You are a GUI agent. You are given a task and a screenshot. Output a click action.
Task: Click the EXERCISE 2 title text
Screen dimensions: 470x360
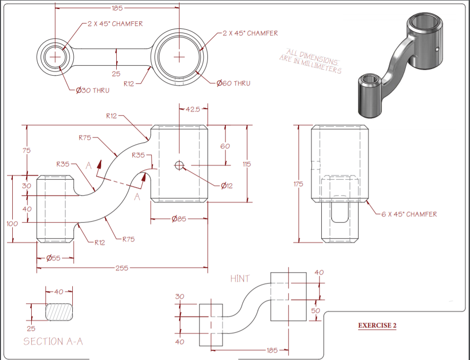click(x=377, y=326)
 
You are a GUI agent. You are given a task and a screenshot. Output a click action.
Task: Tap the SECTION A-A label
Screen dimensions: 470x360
click(x=53, y=342)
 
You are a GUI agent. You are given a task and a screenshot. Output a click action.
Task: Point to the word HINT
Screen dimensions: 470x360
click(x=240, y=278)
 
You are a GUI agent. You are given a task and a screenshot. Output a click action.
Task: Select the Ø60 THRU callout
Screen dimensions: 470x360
click(x=233, y=83)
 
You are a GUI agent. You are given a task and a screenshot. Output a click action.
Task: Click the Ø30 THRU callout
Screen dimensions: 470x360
click(x=93, y=90)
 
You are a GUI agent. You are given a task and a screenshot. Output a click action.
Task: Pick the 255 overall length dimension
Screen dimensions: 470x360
click(x=122, y=268)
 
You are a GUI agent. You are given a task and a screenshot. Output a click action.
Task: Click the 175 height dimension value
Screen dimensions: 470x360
click(x=298, y=184)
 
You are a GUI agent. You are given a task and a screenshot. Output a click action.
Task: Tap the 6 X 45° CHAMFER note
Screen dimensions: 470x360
click(x=409, y=214)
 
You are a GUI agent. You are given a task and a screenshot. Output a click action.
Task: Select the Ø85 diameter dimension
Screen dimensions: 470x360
click(x=179, y=219)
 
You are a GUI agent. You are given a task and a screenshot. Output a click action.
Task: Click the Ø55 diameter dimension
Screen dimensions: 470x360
click(x=53, y=258)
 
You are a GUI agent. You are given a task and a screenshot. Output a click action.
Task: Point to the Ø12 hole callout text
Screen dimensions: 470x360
click(x=227, y=186)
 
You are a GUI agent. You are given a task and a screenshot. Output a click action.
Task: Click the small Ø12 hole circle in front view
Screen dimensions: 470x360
click(x=179, y=165)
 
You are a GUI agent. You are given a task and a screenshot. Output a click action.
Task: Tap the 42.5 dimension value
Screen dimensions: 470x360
click(x=193, y=109)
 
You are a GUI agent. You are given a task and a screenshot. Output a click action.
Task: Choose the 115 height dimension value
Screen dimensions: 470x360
click(x=247, y=164)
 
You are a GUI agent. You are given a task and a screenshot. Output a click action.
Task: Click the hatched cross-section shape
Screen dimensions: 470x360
click(x=59, y=312)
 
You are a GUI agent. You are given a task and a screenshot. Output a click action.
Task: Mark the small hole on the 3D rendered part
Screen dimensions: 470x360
click(x=437, y=49)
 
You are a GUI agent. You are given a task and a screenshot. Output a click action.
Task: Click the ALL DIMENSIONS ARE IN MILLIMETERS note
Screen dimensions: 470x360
click(x=310, y=61)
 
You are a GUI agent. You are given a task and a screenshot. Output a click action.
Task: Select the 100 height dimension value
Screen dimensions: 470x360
click(x=12, y=223)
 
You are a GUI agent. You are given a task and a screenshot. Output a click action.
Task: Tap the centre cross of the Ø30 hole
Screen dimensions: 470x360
click(x=55, y=57)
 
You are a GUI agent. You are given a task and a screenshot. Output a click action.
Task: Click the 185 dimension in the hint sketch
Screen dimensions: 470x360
click(x=272, y=350)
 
